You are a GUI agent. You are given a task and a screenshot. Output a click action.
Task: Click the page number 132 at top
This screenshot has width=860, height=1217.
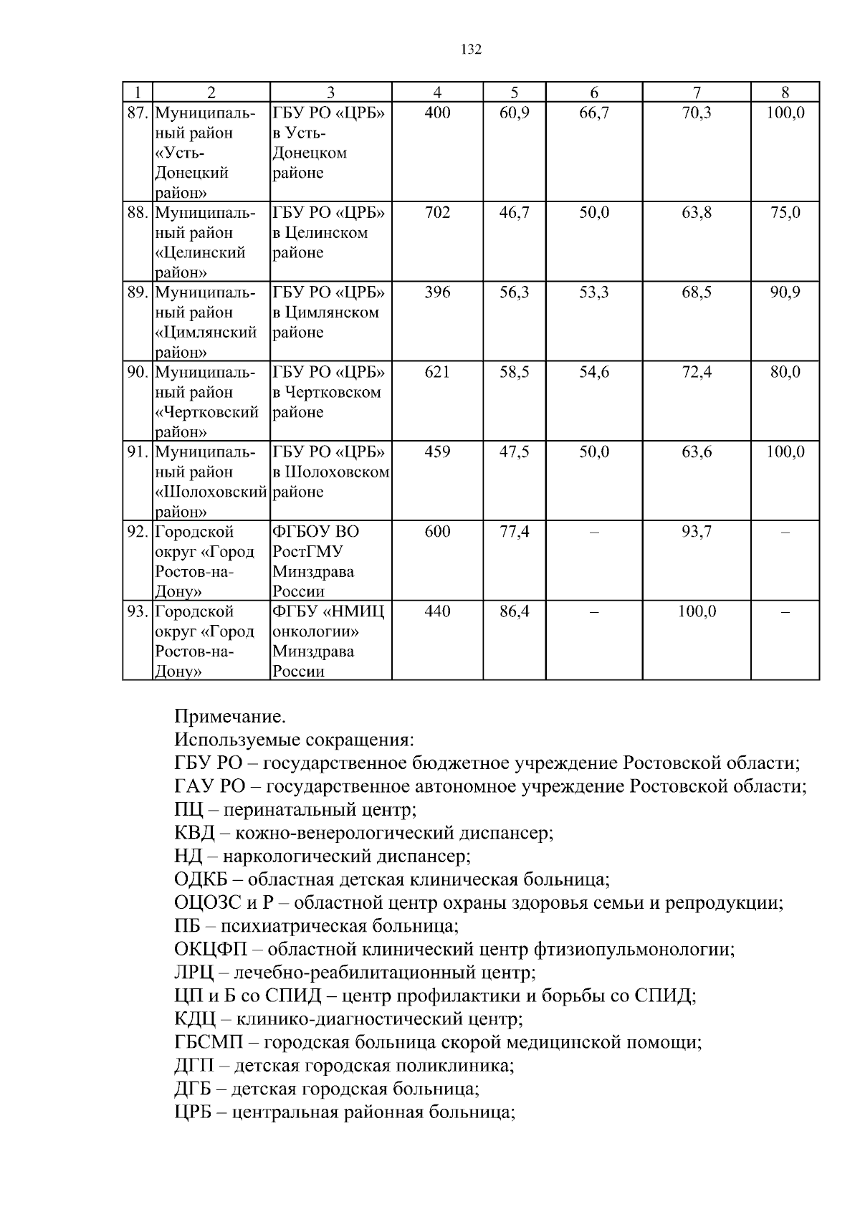[x=472, y=49]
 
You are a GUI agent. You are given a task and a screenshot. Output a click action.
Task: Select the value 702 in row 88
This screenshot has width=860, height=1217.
[x=437, y=213]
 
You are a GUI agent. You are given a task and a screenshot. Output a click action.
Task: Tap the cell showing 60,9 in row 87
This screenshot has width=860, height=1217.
[x=514, y=113]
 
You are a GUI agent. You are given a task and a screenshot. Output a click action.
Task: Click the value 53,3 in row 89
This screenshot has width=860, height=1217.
[x=594, y=292]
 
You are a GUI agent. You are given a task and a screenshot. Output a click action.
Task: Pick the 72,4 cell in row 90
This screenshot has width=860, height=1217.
[x=697, y=372]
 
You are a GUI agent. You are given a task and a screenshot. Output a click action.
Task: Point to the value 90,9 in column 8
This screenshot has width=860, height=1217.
[x=785, y=292]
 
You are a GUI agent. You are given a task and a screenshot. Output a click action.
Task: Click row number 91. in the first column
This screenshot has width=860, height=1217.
[x=138, y=452]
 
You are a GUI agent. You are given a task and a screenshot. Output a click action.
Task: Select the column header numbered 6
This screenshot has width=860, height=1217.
[x=594, y=92]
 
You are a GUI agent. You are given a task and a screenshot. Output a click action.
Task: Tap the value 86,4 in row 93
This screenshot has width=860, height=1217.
[x=514, y=612]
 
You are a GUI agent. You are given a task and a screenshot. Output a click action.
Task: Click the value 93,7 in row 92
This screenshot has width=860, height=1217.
[x=697, y=532]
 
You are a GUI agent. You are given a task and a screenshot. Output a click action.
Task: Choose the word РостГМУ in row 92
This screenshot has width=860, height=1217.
[x=307, y=552]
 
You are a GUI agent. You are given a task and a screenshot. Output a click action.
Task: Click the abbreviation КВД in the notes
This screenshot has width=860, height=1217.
[x=194, y=833]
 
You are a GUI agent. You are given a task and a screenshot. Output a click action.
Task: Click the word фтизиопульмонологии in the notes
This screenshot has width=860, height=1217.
[x=634, y=950]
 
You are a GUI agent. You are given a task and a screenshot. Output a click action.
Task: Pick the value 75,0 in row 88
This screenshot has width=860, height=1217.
[x=785, y=213]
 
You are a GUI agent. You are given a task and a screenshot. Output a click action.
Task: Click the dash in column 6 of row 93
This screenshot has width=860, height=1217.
[x=594, y=612]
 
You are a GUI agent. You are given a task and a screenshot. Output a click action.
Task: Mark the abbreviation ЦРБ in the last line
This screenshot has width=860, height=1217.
[x=193, y=1113]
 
